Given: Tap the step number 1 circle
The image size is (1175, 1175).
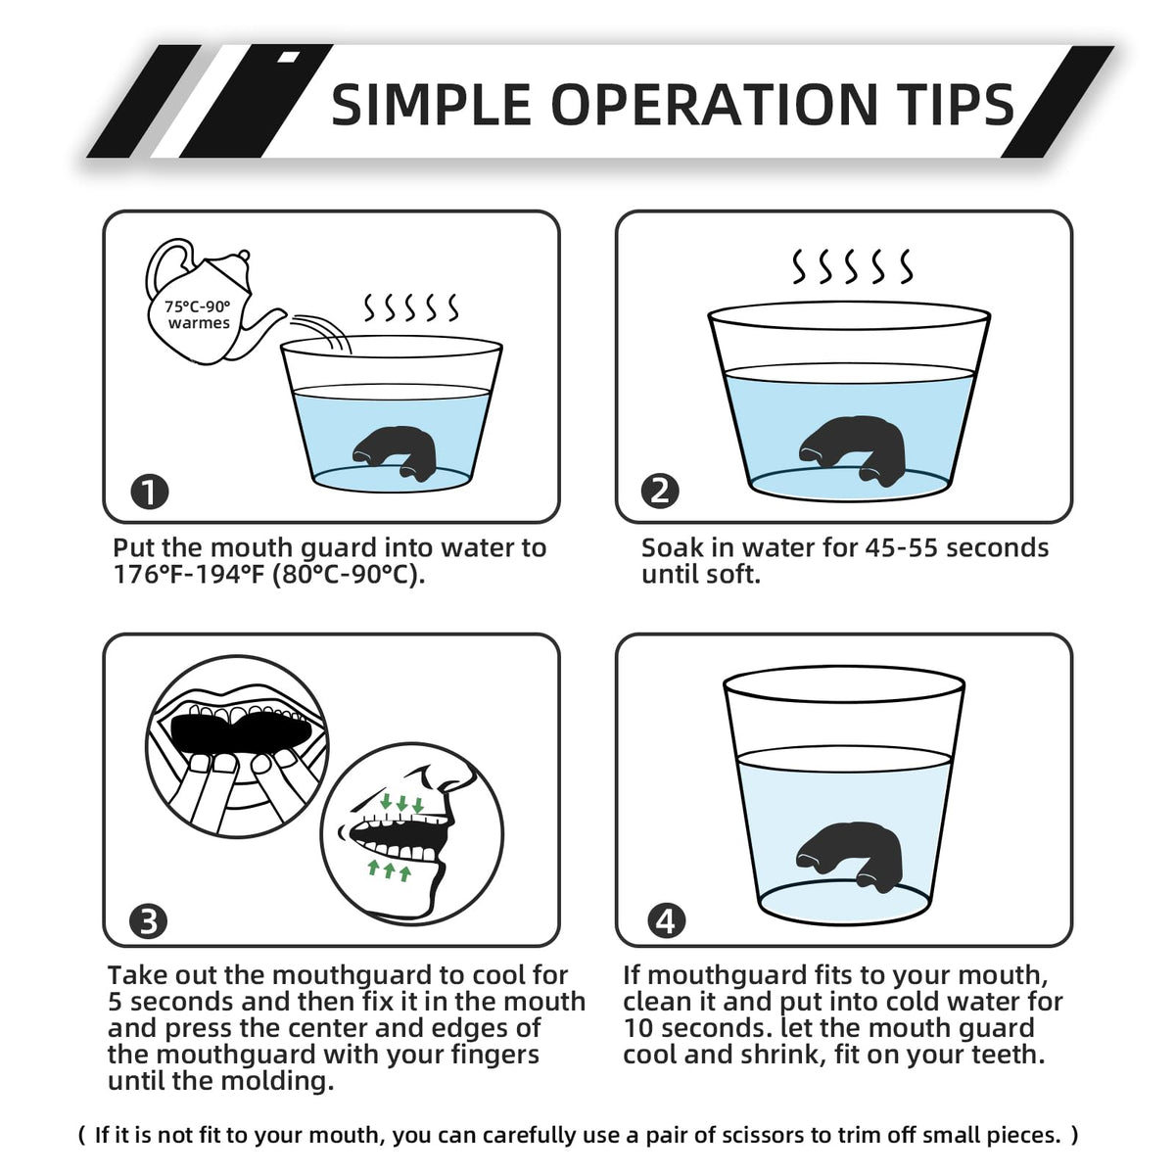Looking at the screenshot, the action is (x=150, y=492).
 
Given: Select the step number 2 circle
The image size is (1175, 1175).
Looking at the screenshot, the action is (x=660, y=492).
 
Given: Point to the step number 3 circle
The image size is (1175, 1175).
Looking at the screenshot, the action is (x=149, y=921).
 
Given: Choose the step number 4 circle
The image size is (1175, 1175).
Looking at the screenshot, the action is (x=666, y=921).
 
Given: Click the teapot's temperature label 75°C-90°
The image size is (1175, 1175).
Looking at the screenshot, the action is (x=198, y=306).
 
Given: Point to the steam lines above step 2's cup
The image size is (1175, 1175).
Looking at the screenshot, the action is (x=852, y=266).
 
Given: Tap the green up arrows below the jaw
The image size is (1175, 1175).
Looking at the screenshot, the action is (x=389, y=870).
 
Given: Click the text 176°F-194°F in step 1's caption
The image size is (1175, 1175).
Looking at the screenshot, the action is (x=188, y=575).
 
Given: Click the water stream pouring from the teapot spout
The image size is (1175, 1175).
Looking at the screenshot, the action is (x=321, y=331).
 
